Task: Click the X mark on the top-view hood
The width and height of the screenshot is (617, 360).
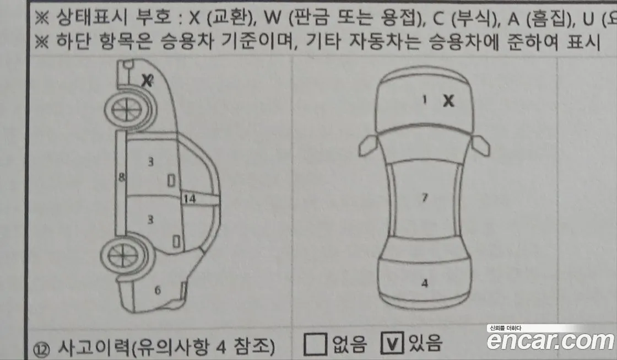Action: pos(449,101)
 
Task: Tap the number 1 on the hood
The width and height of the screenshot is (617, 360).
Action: pos(424,100)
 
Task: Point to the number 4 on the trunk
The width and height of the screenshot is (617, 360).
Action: pos(424,283)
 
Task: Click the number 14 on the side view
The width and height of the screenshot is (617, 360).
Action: pos(188,200)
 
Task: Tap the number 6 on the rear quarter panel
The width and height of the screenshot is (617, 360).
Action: pos(157,291)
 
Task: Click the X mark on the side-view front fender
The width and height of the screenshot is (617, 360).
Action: pos(147,80)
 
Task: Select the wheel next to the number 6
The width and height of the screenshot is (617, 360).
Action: pos(124,255)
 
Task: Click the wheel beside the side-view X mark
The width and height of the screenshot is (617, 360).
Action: pos(125,110)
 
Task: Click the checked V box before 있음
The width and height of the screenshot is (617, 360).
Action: pos(392,344)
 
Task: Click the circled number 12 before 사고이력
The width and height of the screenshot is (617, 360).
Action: pos(44,348)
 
